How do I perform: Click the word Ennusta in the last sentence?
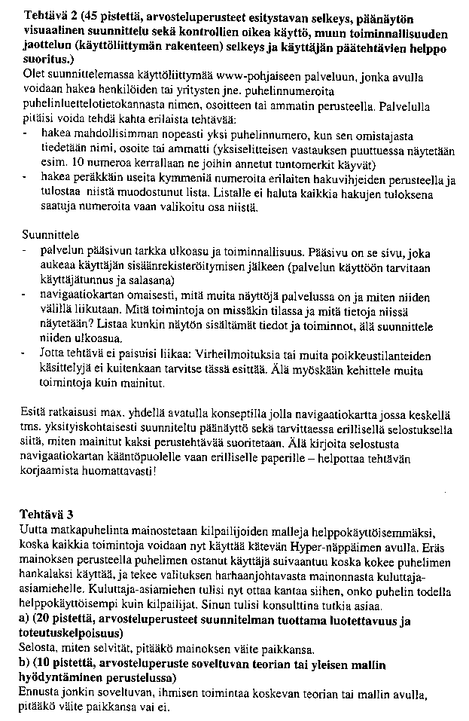click(x=39, y=693)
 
